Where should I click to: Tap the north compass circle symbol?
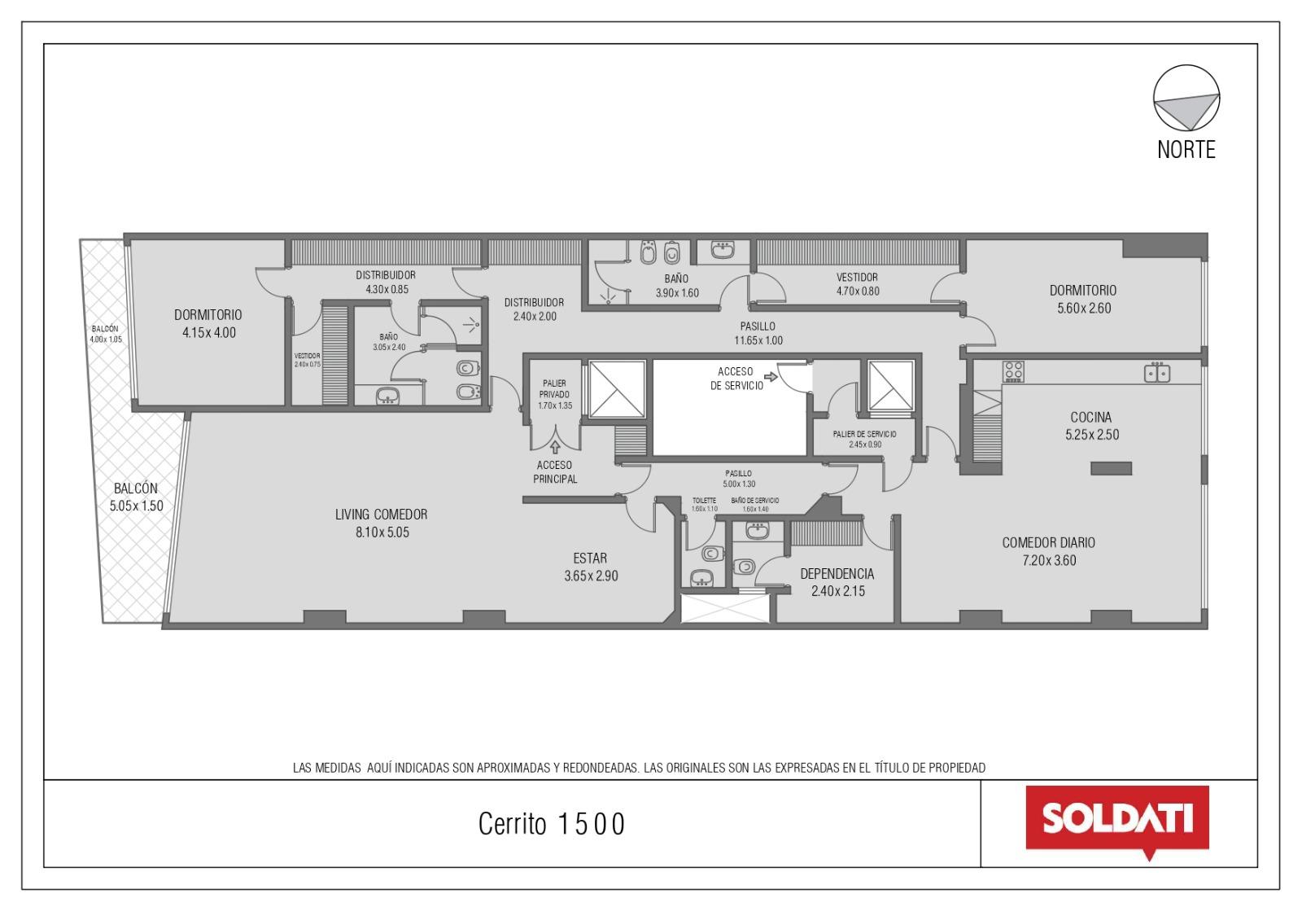1186,98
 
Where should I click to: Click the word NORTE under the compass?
1186,150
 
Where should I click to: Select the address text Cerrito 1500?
551,823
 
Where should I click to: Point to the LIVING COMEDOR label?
382,514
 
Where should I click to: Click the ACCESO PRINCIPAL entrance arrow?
555,447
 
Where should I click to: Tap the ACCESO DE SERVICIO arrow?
771,377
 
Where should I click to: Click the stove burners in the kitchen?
1013,371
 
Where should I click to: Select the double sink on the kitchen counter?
1156,373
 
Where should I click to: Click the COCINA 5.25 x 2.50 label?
1091,426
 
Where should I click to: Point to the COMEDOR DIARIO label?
1049,542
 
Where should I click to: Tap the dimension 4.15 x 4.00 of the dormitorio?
209,333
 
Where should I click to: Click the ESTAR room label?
590,559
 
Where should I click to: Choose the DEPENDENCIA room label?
837,574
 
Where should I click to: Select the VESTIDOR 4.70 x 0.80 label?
858,284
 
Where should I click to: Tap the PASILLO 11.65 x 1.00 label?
758,333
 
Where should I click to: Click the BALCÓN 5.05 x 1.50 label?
136,497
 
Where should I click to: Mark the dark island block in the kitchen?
1111,468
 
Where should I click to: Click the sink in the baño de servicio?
757,531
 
